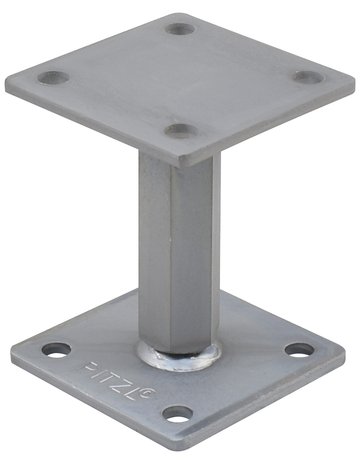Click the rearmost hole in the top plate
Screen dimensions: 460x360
click(x=182, y=28)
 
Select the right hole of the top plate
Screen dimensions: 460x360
click(x=310, y=76)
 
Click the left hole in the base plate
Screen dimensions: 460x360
click(x=56, y=350)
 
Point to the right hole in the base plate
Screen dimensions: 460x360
click(x=298, y=350)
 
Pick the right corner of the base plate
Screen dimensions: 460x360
click(x=347, y=350)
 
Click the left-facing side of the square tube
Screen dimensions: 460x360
click(x=152, y=250)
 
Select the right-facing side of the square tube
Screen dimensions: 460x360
click(x=194, y=250)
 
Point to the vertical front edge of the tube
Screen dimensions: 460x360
click(x=170, y=250)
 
